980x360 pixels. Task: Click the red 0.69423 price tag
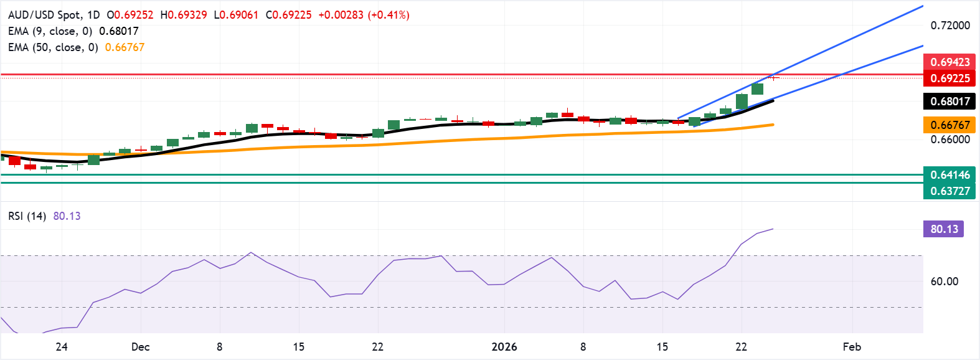coord(949,62)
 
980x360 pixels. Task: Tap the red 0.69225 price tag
coord(949,78)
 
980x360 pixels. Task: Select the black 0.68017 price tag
coord(949,102)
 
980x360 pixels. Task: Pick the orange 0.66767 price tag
coord(949,125)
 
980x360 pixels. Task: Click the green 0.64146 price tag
coord(949,175)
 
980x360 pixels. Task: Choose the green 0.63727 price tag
coord(949,191)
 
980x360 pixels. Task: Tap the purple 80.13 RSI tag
coord(944,229)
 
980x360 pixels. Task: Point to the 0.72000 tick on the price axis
coord(950,26)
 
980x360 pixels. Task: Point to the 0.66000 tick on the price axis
coord(950,140)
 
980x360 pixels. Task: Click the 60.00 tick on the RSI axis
coord(945,282)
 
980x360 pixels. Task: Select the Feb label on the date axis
coord(852,347)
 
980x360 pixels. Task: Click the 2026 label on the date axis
coord(504,347)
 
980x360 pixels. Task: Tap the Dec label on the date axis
coord(141,347)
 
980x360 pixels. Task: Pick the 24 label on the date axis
coord(61,347)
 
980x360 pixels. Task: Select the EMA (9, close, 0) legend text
coord(50,31)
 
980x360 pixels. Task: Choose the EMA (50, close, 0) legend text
coord(53,47)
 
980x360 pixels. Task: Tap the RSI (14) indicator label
coord(27,216)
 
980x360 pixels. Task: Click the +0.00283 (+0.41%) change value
coord(364,15)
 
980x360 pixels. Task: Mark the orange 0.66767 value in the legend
coord(125,47)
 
